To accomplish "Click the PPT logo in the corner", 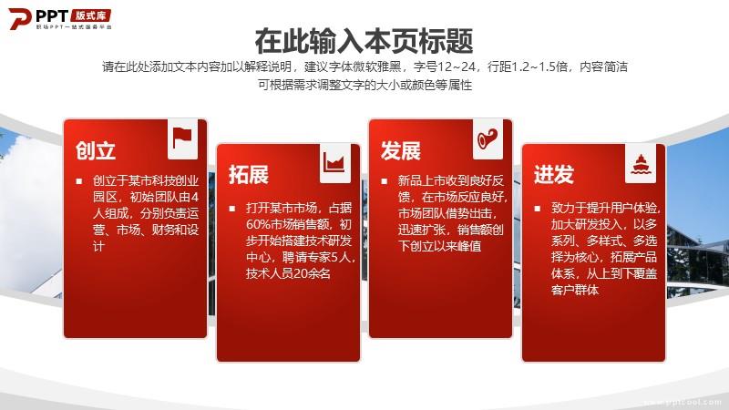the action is [60, 18].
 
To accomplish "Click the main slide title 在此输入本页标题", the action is [364, 41].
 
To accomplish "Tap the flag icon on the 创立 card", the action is [182, 138].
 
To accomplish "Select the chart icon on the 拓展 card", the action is [334, 163].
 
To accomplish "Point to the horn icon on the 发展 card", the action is [488, 138].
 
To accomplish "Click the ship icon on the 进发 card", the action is [641, 164].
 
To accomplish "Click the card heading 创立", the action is [96, 150].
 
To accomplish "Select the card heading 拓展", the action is [249, 175].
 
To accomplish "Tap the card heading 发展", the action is [400, 150].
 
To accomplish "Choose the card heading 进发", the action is [554, 175].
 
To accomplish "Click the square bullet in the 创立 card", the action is [79, 180].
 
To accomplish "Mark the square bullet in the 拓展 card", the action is [232, 209].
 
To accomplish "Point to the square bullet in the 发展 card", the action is [384, 180].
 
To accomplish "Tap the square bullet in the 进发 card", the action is [537, 209].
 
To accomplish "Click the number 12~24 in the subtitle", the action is [457, 67].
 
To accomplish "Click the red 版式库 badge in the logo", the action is [91, 15].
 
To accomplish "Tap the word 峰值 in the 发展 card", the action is [469, 246].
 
